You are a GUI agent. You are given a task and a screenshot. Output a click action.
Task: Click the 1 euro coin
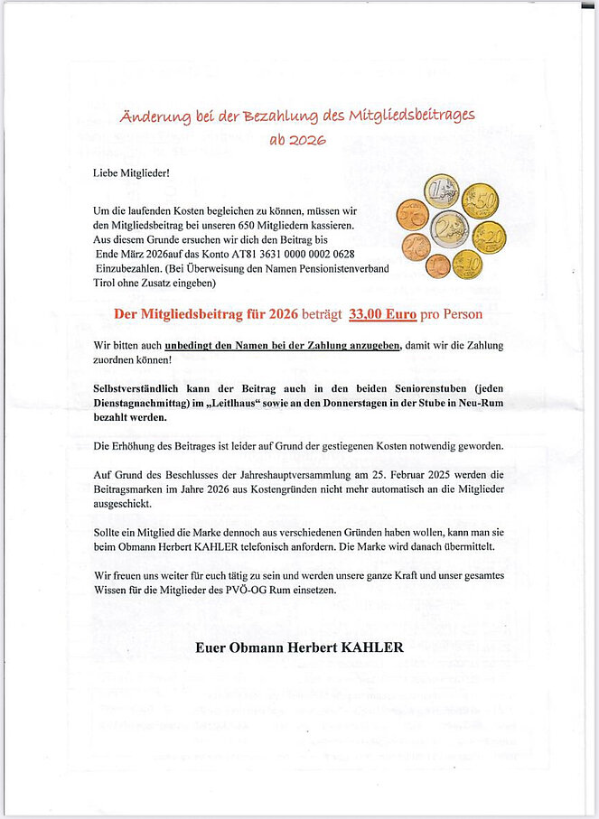[x=441, y=191]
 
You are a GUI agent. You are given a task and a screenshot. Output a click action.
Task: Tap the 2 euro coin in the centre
[x=449, y=228]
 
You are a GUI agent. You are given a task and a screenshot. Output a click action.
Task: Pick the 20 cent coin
[x=489, y=237]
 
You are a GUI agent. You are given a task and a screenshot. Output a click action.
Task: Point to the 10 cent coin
[x=467, y=265]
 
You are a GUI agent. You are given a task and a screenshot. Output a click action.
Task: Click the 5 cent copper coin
[x=412, y=213]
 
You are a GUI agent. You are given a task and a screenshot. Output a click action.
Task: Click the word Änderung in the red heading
[x=154, y=116]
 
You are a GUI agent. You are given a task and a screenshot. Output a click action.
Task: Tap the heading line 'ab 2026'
[x=297, y=140]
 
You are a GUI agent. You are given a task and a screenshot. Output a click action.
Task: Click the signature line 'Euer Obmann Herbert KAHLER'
[x=299, y=647]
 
